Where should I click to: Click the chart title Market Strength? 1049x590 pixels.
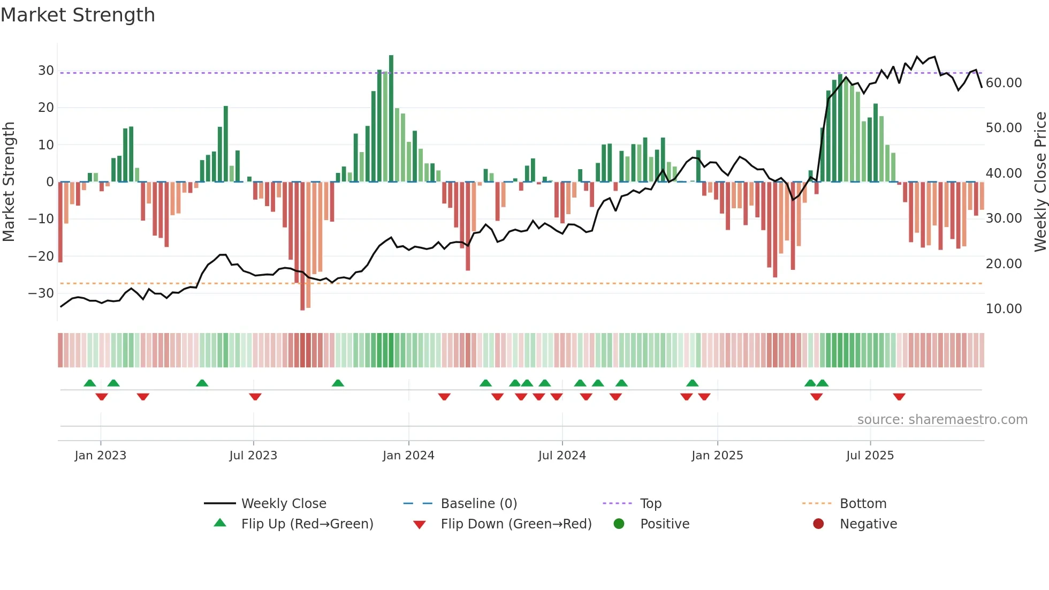click(78, 15)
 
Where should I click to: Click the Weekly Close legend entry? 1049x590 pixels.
click(283, 503)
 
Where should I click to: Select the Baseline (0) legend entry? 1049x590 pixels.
click(478, 503)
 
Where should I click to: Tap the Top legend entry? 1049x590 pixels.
click(650, 503)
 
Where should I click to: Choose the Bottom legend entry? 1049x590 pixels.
click(863, 503)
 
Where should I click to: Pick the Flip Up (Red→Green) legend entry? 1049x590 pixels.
click(307, 524)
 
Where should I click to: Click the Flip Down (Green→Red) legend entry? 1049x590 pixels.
click(516, 524)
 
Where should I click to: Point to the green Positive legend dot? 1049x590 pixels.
click(619, 524)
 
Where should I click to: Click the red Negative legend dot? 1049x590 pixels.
click(818, 524)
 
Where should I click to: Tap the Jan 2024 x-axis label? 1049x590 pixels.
click(408, 455)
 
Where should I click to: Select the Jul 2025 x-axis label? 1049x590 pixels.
click(870, 455)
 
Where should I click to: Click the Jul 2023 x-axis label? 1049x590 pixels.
click(253, 455)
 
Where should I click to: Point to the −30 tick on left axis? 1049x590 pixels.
click(41, 293)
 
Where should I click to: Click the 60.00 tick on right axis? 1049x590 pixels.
click(1004, 82)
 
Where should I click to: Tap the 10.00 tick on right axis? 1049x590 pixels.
click(1004, 308)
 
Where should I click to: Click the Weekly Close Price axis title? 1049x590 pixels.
click(1040, 181)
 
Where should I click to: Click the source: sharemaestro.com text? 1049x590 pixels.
click(942, 419)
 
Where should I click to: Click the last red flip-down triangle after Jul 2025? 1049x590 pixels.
click(899, 397)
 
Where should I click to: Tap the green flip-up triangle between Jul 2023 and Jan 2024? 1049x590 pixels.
click(338, 383)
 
